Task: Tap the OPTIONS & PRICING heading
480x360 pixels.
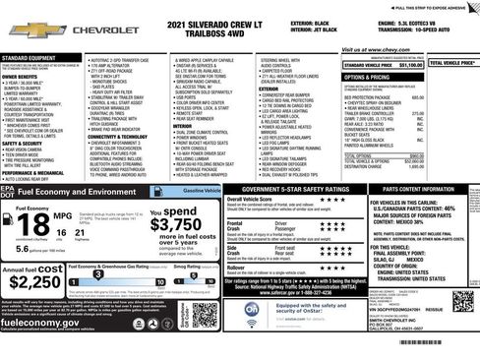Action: tap(368, 77)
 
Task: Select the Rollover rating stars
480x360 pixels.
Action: tap(334, 267)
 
